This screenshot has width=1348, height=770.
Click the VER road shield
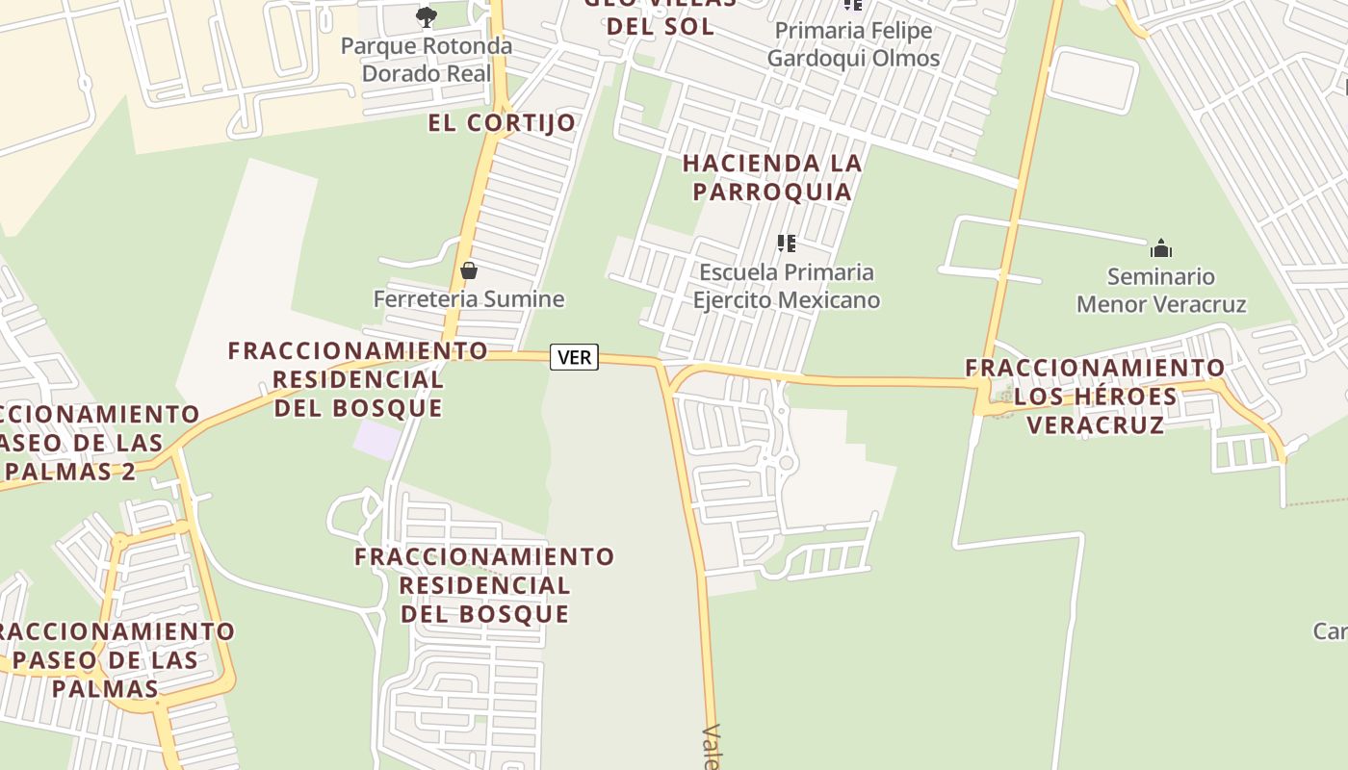click(574, 357)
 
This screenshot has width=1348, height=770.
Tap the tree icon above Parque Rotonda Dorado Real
click(426, 16)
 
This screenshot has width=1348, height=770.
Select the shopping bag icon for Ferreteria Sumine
click(469, 270)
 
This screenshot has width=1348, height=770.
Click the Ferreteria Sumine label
click(469, 298)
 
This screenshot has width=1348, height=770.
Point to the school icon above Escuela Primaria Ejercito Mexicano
click(787, 244)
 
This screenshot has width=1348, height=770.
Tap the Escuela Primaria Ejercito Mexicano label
click(787, 286)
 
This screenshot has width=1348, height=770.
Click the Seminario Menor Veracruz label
click(1161, 291)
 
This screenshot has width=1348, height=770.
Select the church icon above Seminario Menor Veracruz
click(1161, 248)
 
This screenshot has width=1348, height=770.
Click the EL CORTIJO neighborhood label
click(502, 122)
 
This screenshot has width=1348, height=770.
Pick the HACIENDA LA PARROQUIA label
click(772, 177)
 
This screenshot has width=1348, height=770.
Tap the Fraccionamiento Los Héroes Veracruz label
click(1096, 396)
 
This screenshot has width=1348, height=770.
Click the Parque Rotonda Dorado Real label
click(427, 60)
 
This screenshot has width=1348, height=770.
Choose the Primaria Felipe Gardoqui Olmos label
click(853, 44)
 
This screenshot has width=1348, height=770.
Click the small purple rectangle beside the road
click(376, 440)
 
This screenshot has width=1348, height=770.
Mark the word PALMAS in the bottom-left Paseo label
click(105, 688)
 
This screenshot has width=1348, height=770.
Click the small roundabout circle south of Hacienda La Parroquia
click(787, 463)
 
